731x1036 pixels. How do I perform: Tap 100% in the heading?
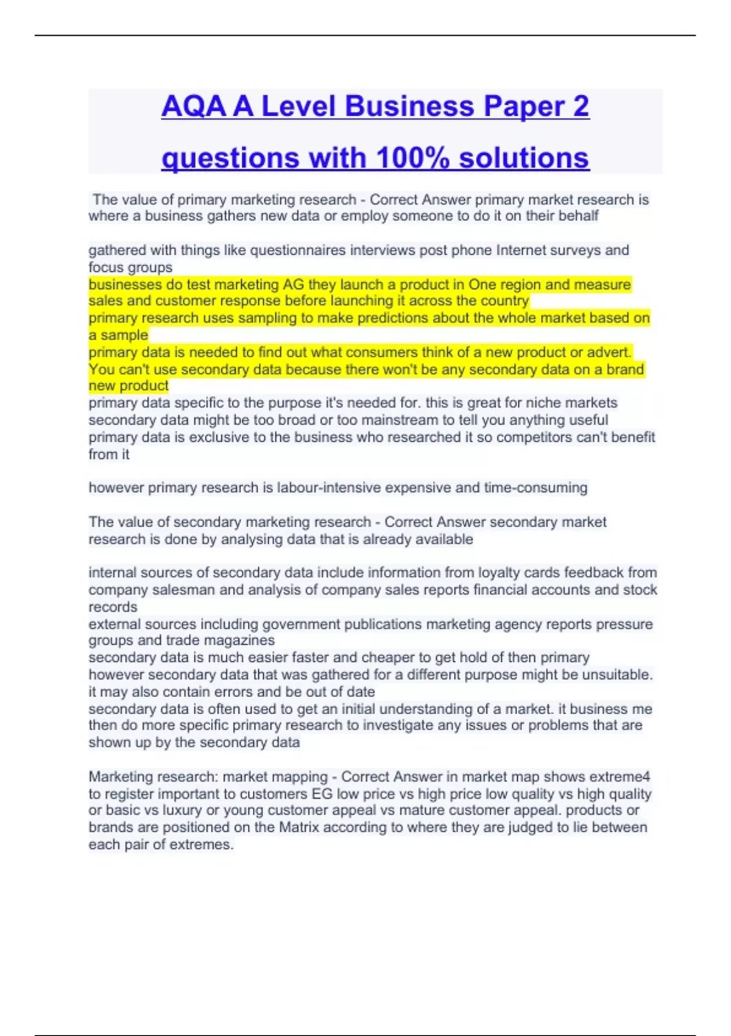(412, 158)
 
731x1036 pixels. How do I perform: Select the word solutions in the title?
(524, 158)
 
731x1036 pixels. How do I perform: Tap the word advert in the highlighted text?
(610, 352)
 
